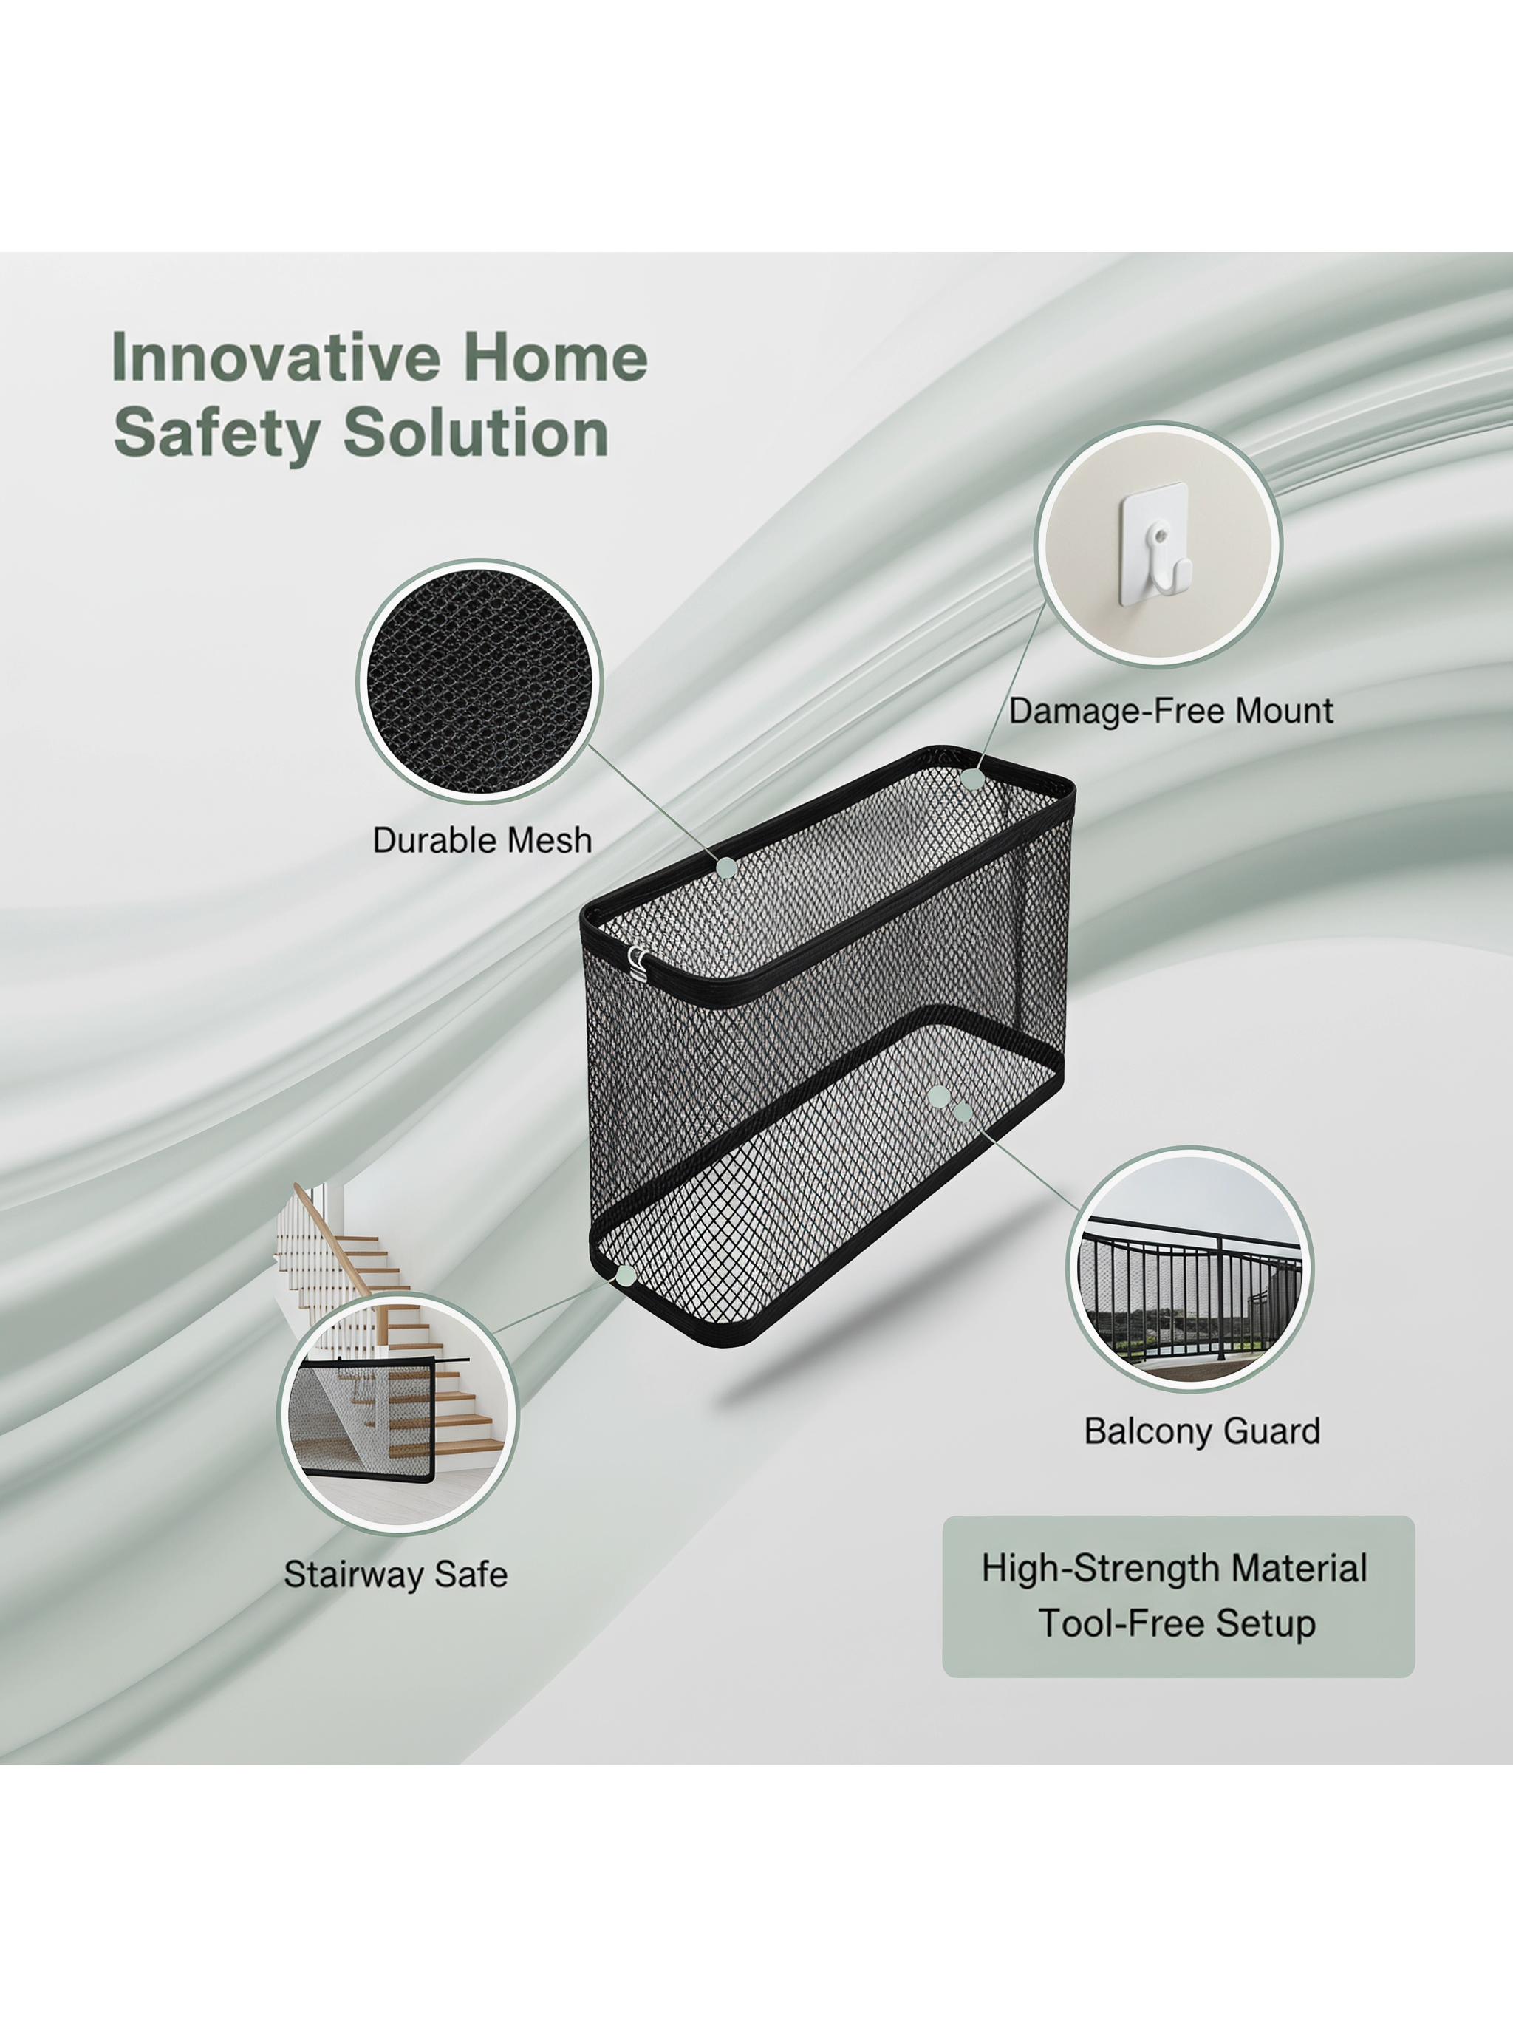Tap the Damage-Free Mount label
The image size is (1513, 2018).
[x=1171, y=711]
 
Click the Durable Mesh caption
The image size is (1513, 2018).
[x=482, y=840]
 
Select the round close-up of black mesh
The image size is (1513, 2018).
[x=479, y=681]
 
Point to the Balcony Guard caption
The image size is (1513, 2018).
[x=1202, y=1431]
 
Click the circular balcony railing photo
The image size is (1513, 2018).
[x=1189, y=1269]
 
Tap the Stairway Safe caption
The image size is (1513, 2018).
[x=395, y=1574]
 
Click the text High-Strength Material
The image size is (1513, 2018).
[x=1175, y=1567]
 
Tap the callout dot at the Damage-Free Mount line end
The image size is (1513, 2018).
[x=973, y=779]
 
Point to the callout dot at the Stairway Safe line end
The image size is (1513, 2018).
[x=626, y=1275]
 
